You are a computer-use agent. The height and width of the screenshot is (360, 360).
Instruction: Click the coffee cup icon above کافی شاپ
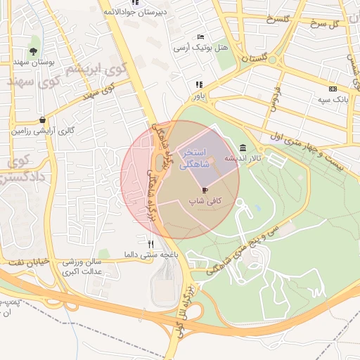click(x=205, y=190)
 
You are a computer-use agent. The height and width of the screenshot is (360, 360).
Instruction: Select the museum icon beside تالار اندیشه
click(x=243, y=148)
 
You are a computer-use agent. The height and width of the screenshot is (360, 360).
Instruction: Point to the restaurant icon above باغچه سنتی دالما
click(x=150, y=244)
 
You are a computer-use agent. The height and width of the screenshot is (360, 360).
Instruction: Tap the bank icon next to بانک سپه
click(x=333, y=89)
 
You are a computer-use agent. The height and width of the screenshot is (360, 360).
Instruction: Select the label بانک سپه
click(x=333, y=100)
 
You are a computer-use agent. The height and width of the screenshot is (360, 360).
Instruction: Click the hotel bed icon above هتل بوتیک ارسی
click(x=201, y=37)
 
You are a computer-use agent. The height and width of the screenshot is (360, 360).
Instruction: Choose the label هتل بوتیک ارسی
click(x=191, y=47)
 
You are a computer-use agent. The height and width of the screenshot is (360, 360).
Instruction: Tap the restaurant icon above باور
click(x=198, y=84)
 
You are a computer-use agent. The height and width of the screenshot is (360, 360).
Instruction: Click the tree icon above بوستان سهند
click(x=34, y=51)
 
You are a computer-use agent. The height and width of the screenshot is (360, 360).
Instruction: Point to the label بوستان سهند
click(x=34, y=62)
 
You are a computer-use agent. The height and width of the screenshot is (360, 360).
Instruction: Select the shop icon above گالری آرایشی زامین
click(x=44, y=120)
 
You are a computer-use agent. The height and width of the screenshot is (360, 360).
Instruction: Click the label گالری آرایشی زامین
click(x=42, y=131)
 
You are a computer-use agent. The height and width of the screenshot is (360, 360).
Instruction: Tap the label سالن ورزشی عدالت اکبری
click(x=82, y=266)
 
